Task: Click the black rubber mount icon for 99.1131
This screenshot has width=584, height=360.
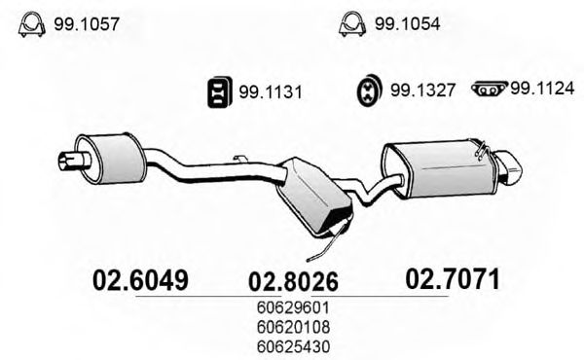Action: (x=217, y=92)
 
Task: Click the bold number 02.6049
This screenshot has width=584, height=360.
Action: (x=139, y=280)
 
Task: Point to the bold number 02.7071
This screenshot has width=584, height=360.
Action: (x=451, y=280)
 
